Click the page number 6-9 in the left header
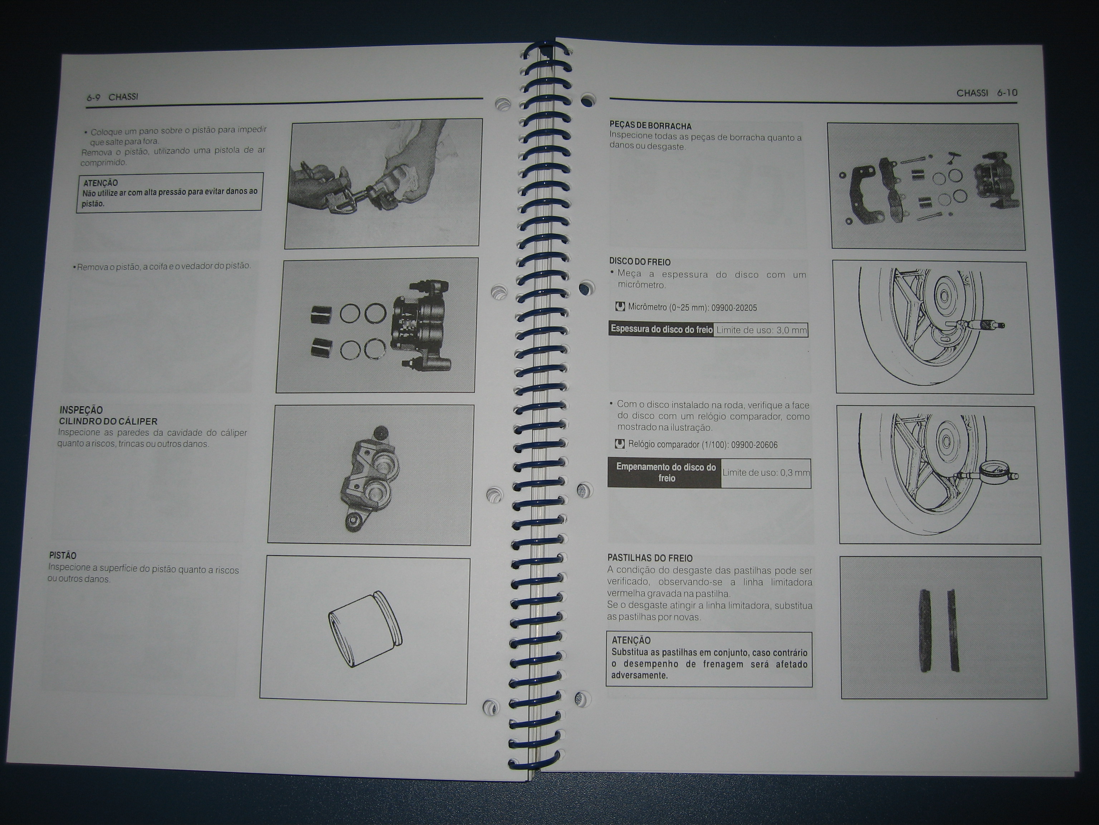tap(93, 98)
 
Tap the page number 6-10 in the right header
tap(1007, 93)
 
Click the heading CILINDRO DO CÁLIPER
tap(108, 421)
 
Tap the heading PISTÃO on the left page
tap(63, 555)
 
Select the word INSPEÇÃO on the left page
tap(81, 410)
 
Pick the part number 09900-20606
tap(755, 445)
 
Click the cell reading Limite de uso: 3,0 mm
tap(761, 330)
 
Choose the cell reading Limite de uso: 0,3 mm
tap(766, 473)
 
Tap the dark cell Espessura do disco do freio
tap(661, 329)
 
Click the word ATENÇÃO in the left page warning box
tap(101, 183)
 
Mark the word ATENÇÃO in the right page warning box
tap(631, 641)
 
